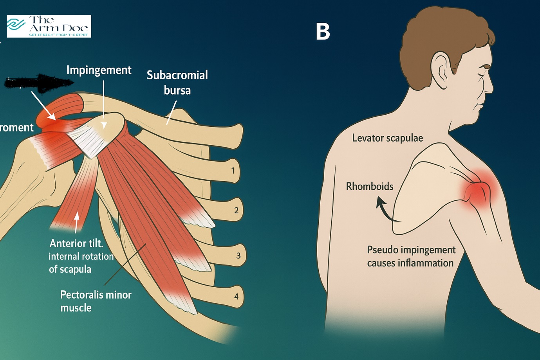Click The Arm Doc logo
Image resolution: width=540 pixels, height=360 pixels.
coord(49,26)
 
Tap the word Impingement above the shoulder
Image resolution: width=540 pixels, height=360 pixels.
coord(99,70)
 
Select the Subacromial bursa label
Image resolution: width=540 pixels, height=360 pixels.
coord(177,83)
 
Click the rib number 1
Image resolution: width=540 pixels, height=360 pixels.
coord(233,171)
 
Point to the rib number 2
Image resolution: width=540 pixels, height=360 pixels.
coord(236,211)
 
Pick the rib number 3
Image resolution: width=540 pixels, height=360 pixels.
coord(238,256)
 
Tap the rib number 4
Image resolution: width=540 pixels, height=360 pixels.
coord(236,297)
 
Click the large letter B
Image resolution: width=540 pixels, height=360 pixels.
coord(323,32)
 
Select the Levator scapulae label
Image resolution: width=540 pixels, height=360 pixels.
coord(387,138)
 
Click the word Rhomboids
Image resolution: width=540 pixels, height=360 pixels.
coord(369,186)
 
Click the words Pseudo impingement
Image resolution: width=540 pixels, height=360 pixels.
coord(411,250)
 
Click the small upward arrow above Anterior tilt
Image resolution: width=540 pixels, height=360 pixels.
coord(77,222)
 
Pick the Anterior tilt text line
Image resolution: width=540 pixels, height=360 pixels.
coord(76,243)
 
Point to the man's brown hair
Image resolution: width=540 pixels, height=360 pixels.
coord(442,31)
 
